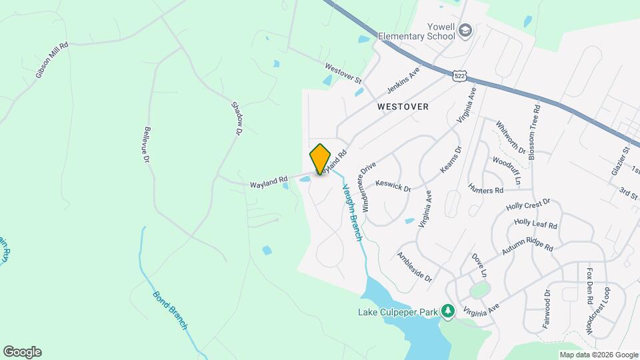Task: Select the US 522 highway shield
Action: pos(459,75)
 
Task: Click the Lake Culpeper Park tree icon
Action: pos(449,311)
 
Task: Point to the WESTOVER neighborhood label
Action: pos(403,107)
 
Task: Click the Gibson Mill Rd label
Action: pos(52,61)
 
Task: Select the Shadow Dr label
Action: pos(235,119)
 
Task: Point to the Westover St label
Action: pos(343,73)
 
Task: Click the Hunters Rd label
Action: pos(485,190)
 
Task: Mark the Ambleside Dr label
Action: pos(415,267)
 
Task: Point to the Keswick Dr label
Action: pos(393,186)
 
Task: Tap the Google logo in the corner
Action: pos(22,352)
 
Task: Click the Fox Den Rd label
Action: pos(589,286)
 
